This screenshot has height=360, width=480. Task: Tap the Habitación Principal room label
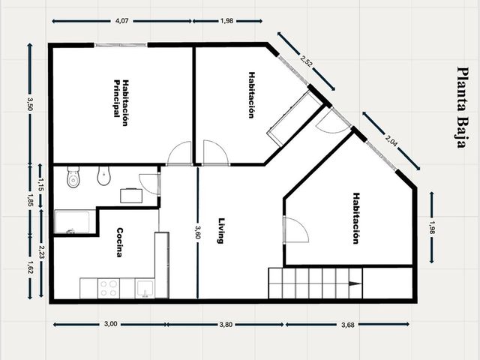[x=121, y=103]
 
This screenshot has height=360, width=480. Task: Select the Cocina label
[x=120, y=242]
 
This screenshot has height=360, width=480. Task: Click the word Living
[x=221, y=230]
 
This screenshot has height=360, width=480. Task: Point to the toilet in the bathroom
[x=73, y=177]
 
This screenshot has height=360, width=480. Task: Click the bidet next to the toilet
[x=103, y=176]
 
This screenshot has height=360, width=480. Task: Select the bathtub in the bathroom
[x=72, y=222]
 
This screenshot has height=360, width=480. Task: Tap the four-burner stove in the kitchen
[x=109, y=288]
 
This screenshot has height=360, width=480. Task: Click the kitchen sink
[x=145, y=288]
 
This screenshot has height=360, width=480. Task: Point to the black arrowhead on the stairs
[x=355, y=283]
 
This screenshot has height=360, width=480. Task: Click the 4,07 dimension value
[x=121, y=21]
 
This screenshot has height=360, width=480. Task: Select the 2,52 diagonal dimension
[x=307, y=61]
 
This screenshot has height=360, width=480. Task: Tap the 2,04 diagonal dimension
[x=391, y=140]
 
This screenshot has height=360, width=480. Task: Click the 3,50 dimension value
[x=30, y=104]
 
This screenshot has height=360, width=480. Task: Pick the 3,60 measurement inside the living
[x=198, y=232]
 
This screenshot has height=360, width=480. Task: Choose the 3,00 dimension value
[x=110, y=324]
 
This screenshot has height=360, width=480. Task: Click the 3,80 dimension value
[x=226, y=325]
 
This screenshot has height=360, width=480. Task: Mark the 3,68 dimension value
[x=348, y=325]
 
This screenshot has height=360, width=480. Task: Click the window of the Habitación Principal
[x=121, y=45]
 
